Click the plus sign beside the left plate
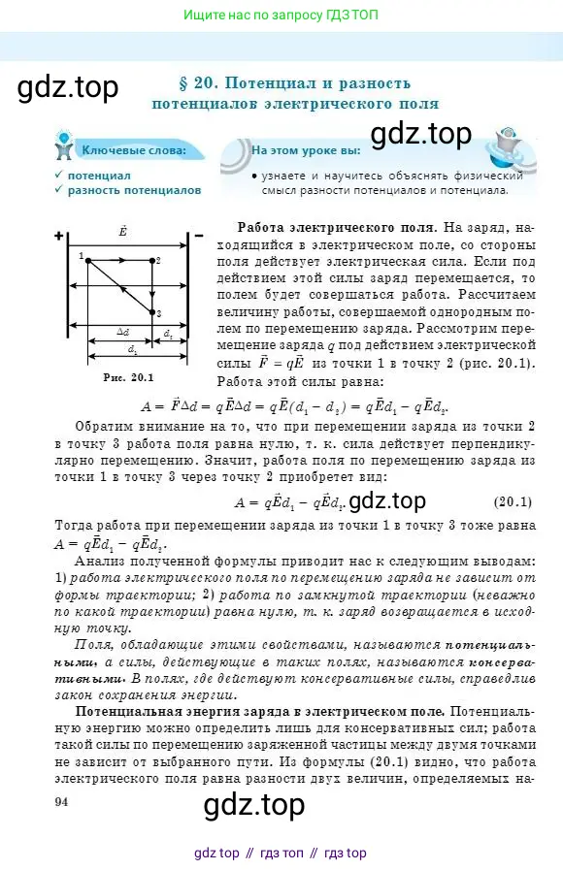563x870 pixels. [59, 236]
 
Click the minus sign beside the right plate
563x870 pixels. [198, 236]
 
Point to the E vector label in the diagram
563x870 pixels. [123, 231]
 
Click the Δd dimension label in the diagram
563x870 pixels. [122, 331]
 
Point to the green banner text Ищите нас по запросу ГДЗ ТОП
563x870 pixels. [281, 15]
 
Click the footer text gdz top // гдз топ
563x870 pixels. [281, 853]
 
